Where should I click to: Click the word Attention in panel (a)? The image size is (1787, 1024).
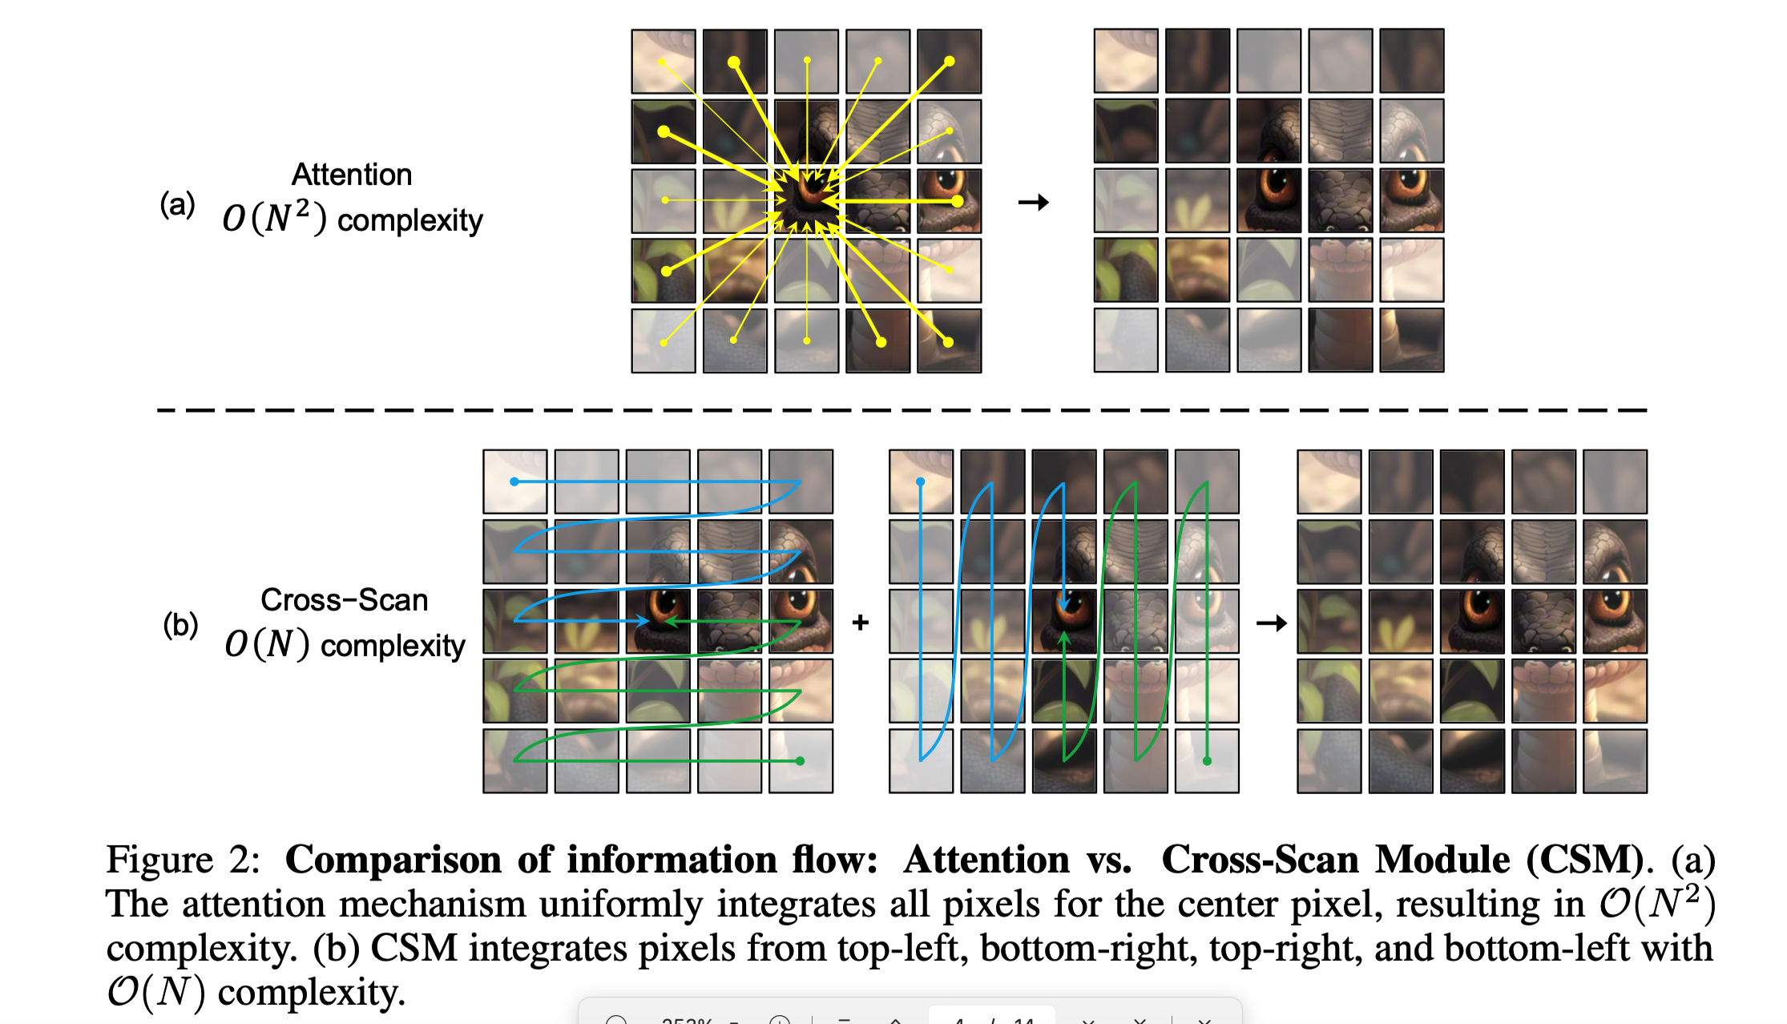(x=351, y=175)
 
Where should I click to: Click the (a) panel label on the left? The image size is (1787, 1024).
(x=177, y=204)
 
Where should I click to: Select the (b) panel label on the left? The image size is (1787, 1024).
(x=180, y=624)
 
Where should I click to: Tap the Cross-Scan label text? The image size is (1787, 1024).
(x=344, y=600)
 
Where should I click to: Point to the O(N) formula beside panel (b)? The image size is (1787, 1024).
(x=267, y=644)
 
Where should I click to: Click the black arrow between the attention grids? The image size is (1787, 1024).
(x=1033, y=202)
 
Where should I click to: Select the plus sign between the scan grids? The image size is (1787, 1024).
(x=861, y=623)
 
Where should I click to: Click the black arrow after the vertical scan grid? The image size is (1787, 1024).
(x=1271, y=623)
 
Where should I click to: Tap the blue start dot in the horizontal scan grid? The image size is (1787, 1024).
(x=514, y=482)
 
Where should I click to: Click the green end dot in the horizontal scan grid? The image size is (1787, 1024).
(x=800, y=760)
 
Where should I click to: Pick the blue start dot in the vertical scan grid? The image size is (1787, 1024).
(x=921, y=482)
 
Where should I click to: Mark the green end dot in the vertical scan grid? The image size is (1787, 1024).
(x=1207, y=760)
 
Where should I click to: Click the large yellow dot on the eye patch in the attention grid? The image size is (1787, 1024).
(x=957, y=201)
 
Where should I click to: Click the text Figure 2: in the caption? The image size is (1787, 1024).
(x=184, y=860)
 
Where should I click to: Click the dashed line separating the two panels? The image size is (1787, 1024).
(x=902, y=410)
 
